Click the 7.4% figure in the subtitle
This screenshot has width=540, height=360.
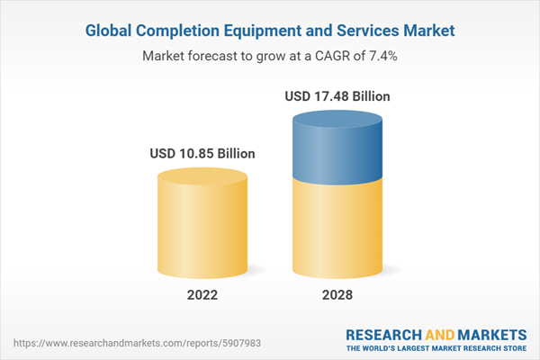click(382, 56)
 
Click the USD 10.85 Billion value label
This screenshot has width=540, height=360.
click(202, 154)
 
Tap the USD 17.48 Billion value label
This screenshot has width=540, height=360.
click(337, 96)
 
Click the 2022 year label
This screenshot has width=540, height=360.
click(202, 295)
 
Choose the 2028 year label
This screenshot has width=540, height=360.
click(337, 295)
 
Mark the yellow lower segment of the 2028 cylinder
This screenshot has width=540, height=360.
click(337, 225)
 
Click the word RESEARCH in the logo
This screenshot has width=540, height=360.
click(382, 335)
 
